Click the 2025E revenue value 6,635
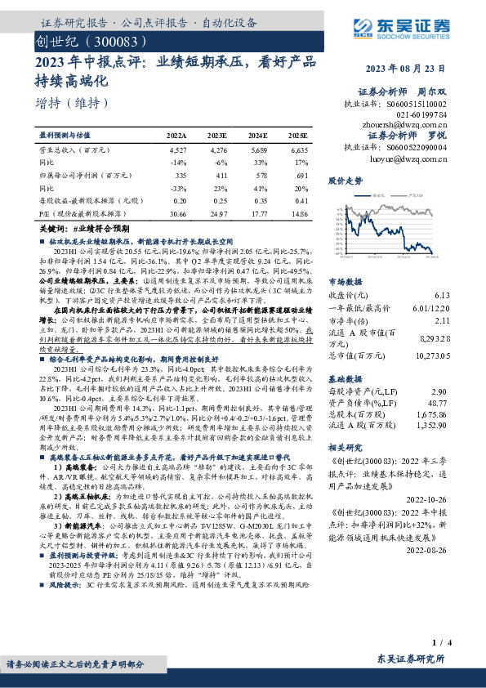(299, 151)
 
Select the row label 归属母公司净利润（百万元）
(87, 175)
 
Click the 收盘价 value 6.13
(443, 294)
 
